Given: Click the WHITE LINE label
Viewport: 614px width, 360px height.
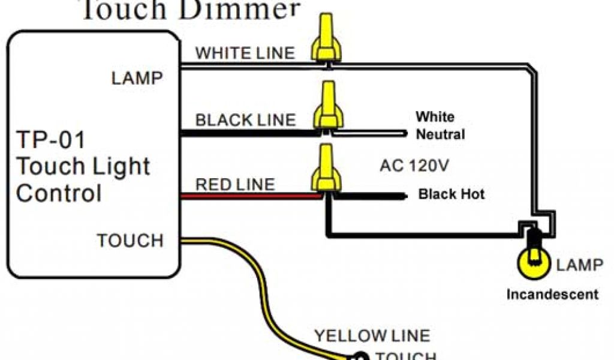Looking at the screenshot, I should click(x=245, y=53).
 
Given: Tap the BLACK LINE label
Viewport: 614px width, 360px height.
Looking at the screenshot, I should click(x=245, y=119).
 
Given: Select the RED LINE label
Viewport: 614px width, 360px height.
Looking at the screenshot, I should click(x=235, y=184).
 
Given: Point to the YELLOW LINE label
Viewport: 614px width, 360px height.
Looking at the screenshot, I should click(x=372, y=336).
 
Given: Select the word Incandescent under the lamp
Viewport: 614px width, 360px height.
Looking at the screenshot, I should click(x=552, y=294).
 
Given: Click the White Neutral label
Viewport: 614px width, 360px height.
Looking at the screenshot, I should click(x=440, y=125).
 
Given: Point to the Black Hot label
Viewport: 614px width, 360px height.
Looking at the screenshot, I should click(x=451, y=194).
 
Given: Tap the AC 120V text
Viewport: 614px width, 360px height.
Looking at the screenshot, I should click(x=414, y=165).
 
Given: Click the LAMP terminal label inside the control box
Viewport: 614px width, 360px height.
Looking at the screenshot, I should click(x=137, y=78).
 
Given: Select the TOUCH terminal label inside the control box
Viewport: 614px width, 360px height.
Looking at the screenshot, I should click(x=130, y=241).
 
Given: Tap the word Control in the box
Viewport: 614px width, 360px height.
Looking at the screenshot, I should click(x=59, y=193).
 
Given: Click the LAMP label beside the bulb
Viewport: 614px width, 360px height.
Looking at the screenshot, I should click(x=580, y=265).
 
